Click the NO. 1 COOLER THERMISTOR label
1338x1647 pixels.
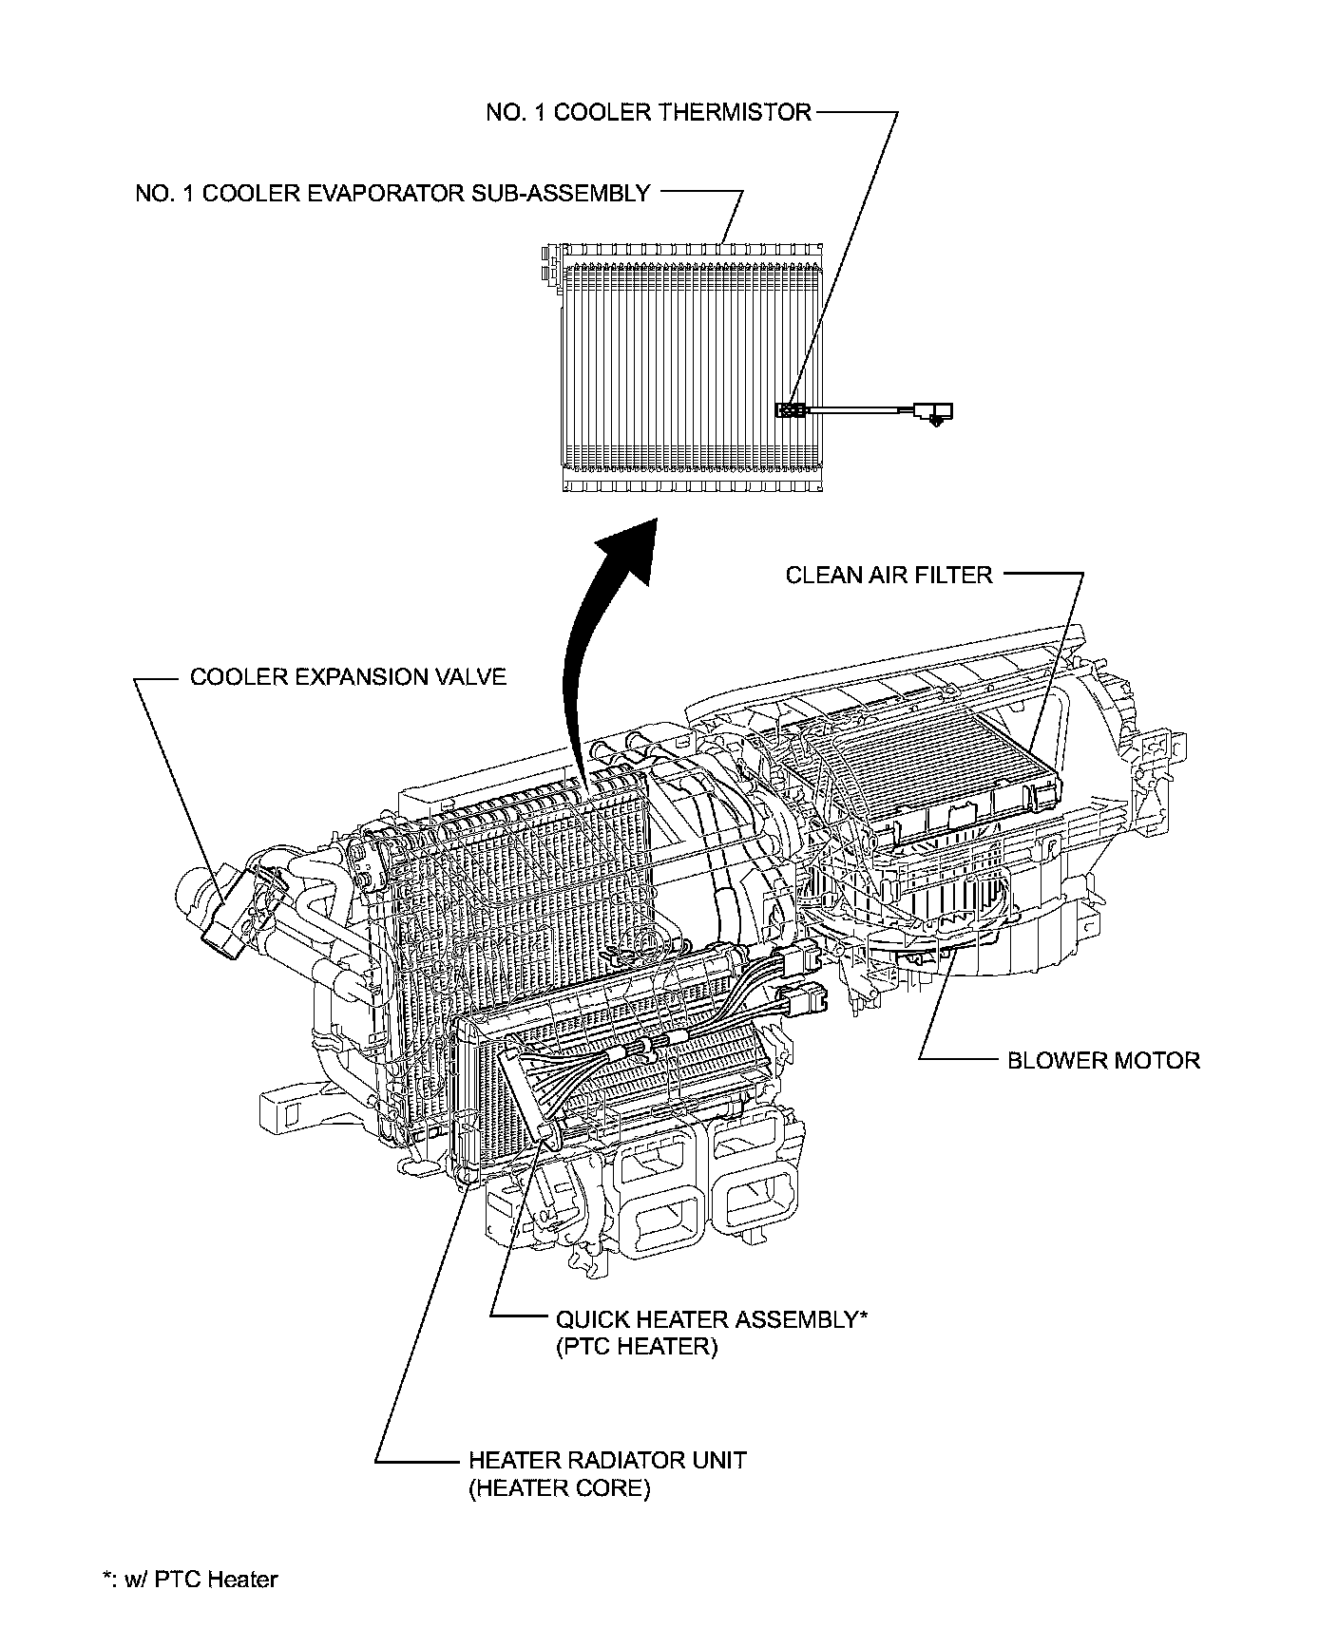pos(648,112)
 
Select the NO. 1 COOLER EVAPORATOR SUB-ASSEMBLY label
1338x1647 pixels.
pos(392,194)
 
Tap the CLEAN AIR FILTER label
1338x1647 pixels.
pos(889,575)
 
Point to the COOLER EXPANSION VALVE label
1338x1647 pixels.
pos(348,677)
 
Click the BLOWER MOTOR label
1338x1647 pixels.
pos(1103,1060)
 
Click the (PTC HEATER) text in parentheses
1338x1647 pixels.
pos(637,1347)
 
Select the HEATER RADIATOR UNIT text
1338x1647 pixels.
pos(607,1460)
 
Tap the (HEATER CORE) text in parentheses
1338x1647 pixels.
pos(559,1488)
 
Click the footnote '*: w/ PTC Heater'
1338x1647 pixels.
pos(190,1580)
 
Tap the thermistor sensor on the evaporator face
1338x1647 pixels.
pos(792,410)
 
